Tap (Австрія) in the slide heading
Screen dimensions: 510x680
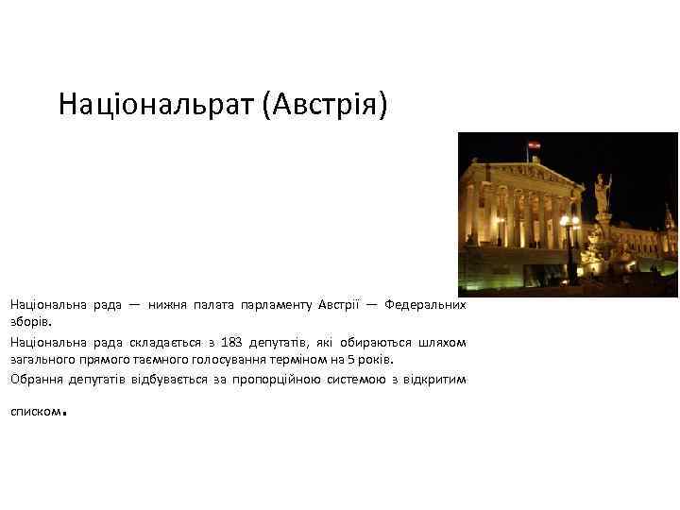tap(326, 104)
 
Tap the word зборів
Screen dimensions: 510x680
tap(27, 322)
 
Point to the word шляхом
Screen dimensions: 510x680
tap(442, 341)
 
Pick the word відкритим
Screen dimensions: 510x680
tap(435, 379)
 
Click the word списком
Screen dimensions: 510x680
tap(35, 413)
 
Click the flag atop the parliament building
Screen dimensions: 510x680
tap(533, 144)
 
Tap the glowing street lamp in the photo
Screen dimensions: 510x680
tap(569, 223)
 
